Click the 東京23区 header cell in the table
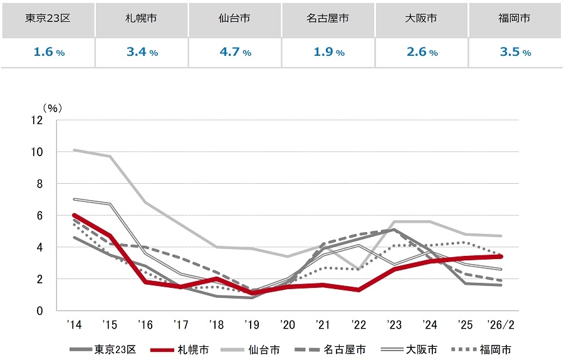pos(48,18)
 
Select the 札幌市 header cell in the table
pos(141,18)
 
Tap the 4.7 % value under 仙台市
pos(234,52)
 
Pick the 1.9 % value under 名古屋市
pos(328,52)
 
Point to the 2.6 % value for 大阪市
pos(422,52)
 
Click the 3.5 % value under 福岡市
pos(515,52)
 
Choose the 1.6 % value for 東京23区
pos(48,52)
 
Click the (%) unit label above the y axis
pos(52,108)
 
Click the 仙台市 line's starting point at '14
pos(75,150)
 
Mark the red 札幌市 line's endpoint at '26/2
pos(501,257)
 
